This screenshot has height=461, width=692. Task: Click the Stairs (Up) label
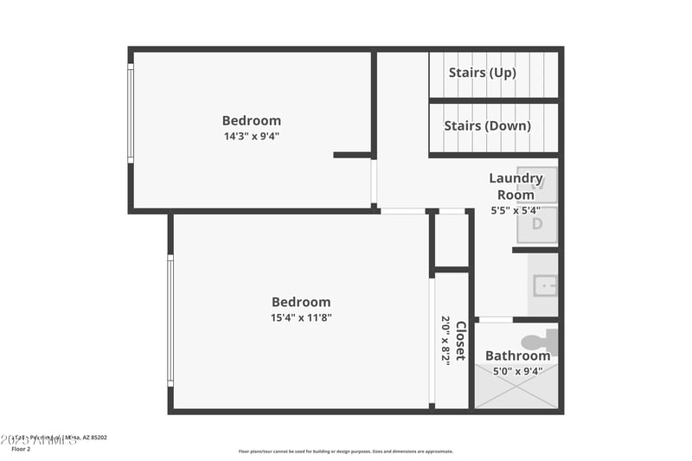[482, 73]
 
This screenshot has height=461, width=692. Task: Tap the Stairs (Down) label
[487, 125]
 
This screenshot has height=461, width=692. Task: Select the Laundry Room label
[516, 186]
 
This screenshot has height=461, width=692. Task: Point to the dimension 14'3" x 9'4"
[251, 136]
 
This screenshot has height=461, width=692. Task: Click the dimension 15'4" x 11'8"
[301, 317]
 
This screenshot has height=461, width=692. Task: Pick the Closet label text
[461, 341]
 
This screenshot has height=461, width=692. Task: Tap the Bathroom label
[517, 355]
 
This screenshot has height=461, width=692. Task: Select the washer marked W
[537, 183]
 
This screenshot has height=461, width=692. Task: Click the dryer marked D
[537, 224]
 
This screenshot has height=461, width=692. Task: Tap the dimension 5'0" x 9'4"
[517, 372]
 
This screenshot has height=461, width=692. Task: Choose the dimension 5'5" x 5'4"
[516, 210]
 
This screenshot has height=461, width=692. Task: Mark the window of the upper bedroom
[131, 113]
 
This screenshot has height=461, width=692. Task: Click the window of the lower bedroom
[170, 320]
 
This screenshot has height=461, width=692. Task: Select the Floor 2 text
[21, 449]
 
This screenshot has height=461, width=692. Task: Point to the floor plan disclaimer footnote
[345, 451]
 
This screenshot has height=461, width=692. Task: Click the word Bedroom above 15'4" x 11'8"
[301, 302]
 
